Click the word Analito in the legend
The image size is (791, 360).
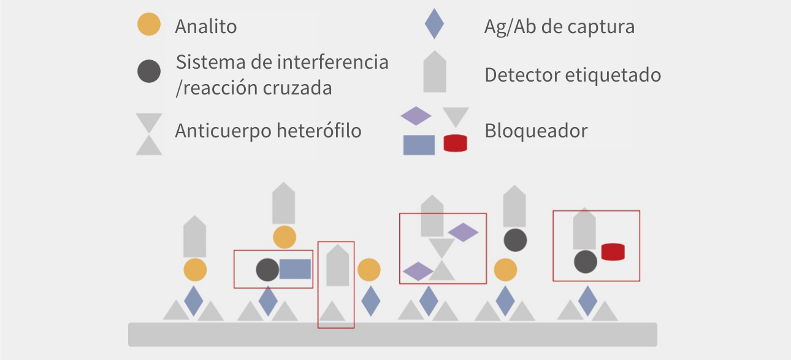coord(205,27)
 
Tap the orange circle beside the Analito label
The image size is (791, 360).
coord(149,25)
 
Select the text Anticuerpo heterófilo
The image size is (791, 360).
coord(268,131)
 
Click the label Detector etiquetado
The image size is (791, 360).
coord(573,75)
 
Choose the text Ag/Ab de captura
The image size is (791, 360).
coord(559,27)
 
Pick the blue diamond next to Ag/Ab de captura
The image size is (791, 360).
coord(434,25)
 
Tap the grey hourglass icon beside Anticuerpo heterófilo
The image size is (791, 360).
coord(149,134)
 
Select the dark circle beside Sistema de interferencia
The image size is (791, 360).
coord(149,71)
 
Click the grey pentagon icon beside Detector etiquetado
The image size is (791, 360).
coord(435,72)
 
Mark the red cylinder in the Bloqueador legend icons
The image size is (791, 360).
coord(455,144)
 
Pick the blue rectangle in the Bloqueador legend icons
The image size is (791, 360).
coord(419,145)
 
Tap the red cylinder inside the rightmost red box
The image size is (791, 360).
coord(613,251)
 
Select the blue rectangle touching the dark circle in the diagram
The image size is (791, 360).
coord(295,269)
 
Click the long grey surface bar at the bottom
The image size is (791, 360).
coord(392,334)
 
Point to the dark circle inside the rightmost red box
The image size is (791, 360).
coord(586,262)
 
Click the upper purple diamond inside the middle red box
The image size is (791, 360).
coord(463,232)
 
